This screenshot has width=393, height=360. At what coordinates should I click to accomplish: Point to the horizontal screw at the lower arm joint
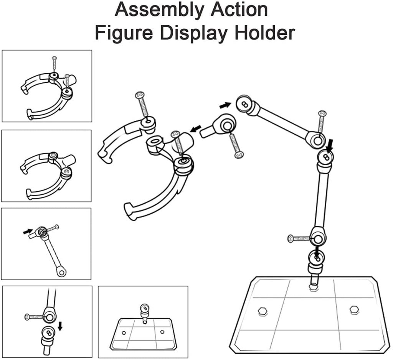pyautogui.click(x=299, y=238)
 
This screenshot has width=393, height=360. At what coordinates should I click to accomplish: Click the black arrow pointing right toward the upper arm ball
pyautogui.click(x=225, y=104)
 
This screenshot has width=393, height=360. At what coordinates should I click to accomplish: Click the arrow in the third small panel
pyautogui.click(x=28, y=231)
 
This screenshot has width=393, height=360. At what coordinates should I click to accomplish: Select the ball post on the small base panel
pyautogui.click(x=144, y=309)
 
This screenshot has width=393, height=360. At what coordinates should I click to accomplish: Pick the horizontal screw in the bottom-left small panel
pyautogui.click(x=34, y=317)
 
